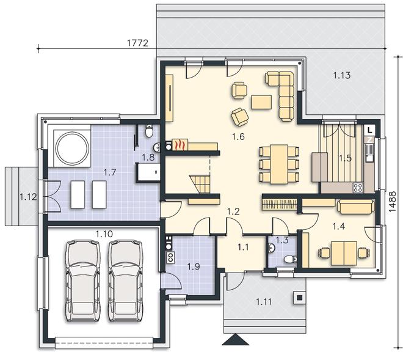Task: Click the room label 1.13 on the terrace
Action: click(x=342, y=75)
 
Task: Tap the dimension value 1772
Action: click(x=138, y=43)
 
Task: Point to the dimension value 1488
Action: click(x=392, y=202)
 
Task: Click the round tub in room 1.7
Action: click(x=72, y=148)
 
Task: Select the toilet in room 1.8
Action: click(x=149, y=131)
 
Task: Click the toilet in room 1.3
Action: click(x=290, y=259)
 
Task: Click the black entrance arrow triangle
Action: click(x=236, y=339)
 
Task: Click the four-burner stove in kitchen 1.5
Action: click(x=358, y=188)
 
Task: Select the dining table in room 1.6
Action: click(x=279, y=164)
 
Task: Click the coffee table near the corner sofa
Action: click(x=261, y=102)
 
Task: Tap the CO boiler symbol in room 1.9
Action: click(x=170, y=257)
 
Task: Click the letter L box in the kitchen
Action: click(x=370, y=130)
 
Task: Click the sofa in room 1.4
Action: click(x=356, y=207)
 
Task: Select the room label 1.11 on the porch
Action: click(x=264, y=301)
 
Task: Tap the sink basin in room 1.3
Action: click(x=271, y=248)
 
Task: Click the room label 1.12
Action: click(x=28, y=197)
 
